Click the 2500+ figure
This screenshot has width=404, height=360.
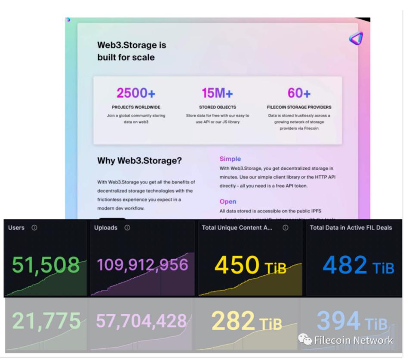136,93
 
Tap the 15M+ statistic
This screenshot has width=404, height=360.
217,93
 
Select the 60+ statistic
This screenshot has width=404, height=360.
299,93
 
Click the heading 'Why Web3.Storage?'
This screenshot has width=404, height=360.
140,161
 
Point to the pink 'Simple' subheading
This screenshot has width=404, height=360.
230,159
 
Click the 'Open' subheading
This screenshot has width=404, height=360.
228,201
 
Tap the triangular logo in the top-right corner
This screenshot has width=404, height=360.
356,39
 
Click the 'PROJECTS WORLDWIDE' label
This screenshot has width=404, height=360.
136,107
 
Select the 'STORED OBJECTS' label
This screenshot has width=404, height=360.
217,107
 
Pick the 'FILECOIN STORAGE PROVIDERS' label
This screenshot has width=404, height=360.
299,107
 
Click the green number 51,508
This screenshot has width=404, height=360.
46,265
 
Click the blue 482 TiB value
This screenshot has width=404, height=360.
358,265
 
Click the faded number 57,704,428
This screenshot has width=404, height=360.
141,321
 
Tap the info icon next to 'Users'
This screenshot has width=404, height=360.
34,228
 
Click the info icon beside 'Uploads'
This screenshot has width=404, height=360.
127,228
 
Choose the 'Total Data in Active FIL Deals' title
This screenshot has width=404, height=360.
351,228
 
